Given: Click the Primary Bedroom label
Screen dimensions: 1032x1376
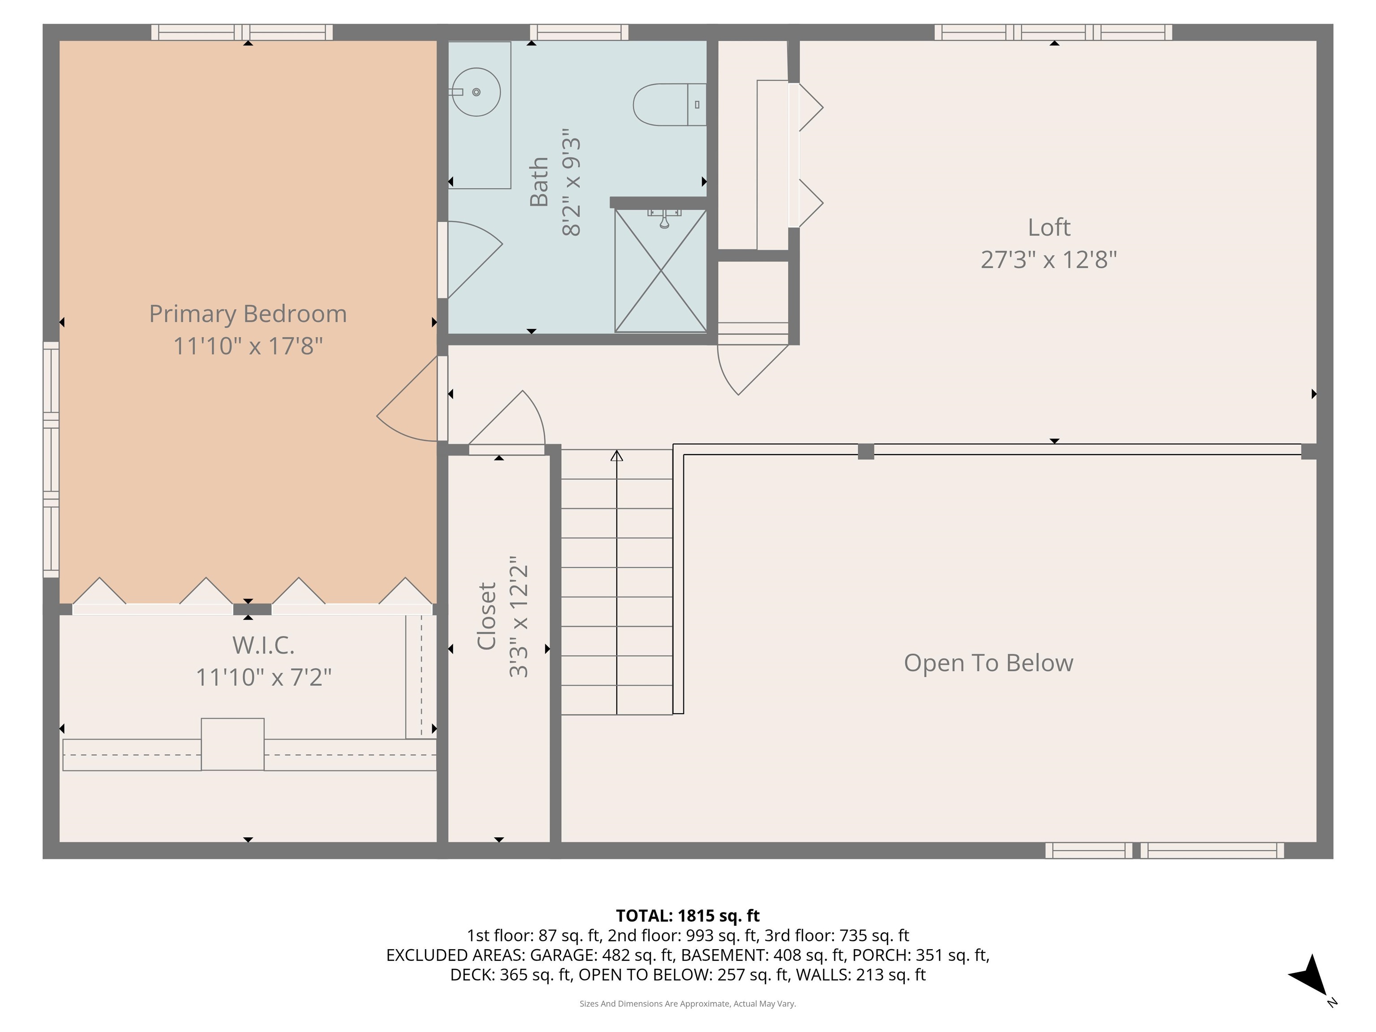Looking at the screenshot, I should [x=248, y=314].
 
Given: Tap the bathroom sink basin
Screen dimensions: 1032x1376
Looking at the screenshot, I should [x=476, y=92].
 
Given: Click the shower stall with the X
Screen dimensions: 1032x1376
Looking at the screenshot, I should [x=661, y=271].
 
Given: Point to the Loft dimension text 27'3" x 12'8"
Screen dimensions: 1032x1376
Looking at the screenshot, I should [x=1049, y=259].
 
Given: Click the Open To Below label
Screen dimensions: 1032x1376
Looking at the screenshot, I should [x=989, y=663].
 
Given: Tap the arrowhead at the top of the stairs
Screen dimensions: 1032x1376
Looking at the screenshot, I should [x=616, y=456].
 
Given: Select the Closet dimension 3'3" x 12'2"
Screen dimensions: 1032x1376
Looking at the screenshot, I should [x=518, y=616].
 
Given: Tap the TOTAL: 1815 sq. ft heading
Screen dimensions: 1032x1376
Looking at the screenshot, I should [x=688, y=916].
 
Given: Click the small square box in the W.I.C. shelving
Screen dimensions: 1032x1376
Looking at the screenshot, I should [x=232, y=744].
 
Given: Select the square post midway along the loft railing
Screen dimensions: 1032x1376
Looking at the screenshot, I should [x=865, y=451].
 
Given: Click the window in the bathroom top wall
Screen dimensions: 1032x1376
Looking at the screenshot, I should [x=579, y=32].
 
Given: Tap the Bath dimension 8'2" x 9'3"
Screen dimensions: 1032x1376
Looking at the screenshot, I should [x=571, y=182].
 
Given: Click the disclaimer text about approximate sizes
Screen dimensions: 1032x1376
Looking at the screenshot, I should [x=688, y=1003].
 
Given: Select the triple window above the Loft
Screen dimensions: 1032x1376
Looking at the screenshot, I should [x=1053, y=32].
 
